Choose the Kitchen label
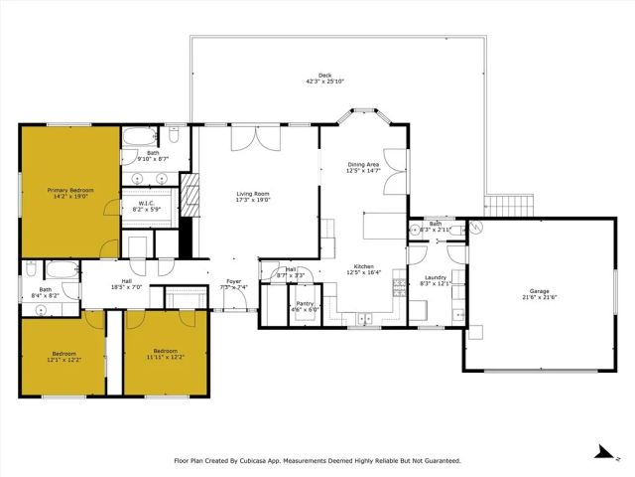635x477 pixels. click(363, 266)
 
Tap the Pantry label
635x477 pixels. click(303, 304)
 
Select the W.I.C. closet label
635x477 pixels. click(140, 203)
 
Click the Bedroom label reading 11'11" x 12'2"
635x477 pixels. click(165, 351)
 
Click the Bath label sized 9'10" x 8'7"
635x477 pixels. click(153, 152)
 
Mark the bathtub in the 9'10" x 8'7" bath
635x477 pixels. click(136, 137)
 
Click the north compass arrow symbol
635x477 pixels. click(600, 451)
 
